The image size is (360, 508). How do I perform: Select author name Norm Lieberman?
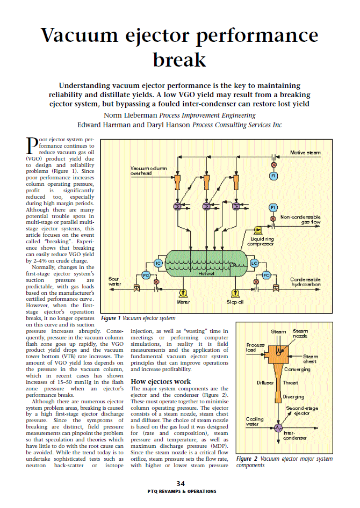click(128, 115)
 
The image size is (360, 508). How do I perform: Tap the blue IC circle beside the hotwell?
click(158, 263)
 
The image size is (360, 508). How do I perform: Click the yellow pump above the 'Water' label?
click(184, 293)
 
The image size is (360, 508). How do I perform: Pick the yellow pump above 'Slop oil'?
click(235, 293)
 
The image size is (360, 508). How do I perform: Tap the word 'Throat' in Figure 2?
click(290, 382)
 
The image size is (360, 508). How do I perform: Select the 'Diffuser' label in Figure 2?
click(265, 382)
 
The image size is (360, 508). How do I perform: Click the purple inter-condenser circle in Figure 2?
click(278, 427)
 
